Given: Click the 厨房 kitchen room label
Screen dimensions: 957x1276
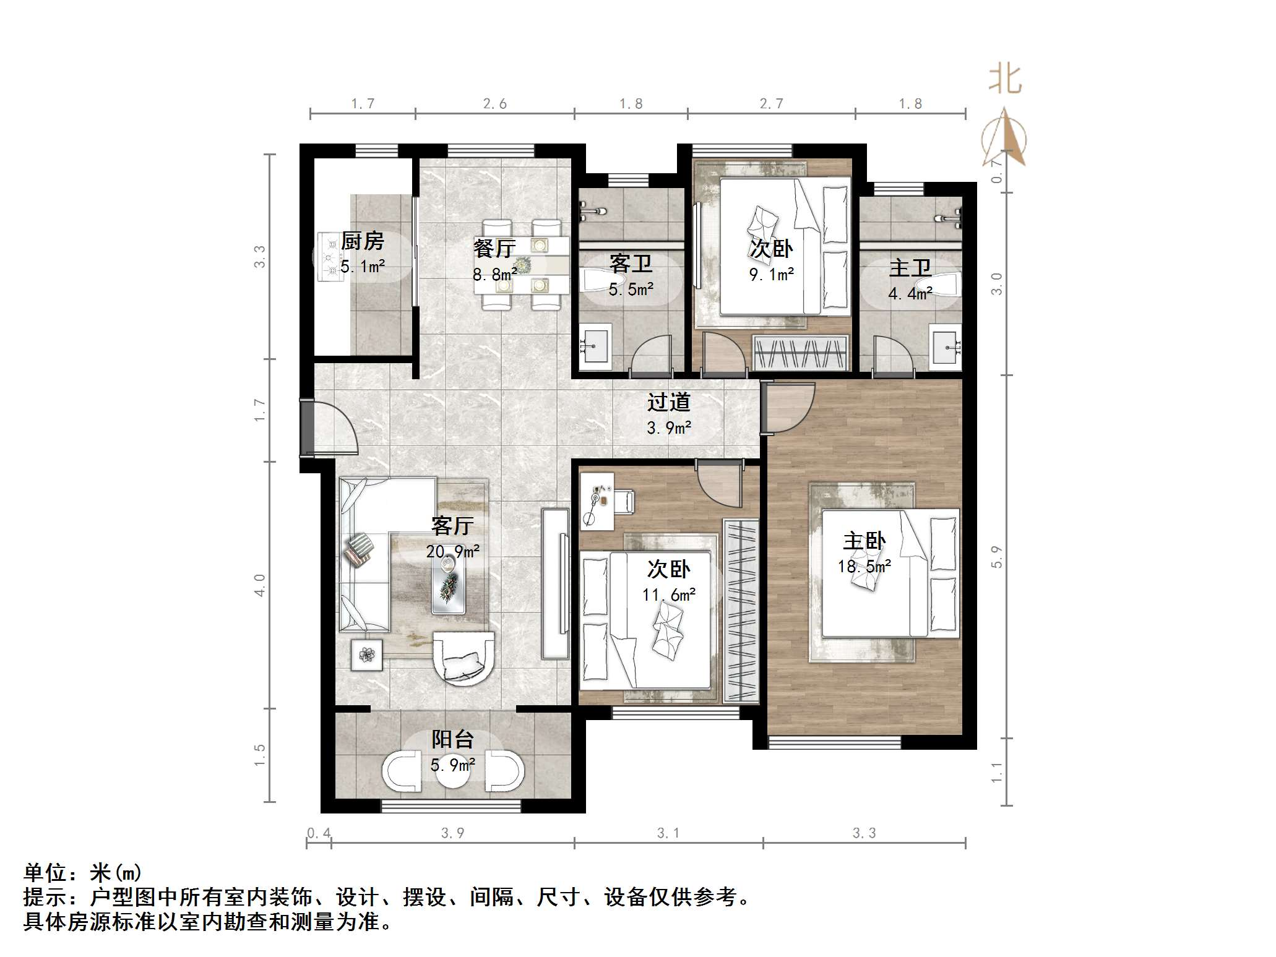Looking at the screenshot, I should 363,241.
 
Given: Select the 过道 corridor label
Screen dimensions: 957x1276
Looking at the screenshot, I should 668,403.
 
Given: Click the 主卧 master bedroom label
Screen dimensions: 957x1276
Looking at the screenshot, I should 864,541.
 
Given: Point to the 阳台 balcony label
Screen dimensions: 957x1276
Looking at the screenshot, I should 452,739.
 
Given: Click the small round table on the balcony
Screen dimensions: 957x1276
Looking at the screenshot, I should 452,772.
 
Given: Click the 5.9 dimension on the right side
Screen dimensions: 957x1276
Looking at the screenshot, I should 996,557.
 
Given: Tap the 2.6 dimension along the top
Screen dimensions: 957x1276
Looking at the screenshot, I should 494,104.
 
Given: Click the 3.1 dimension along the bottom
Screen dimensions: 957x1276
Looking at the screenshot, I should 668,833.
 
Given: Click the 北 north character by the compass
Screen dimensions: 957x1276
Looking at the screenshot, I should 1004,80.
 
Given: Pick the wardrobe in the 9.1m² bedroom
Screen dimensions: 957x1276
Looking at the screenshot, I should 800,353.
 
